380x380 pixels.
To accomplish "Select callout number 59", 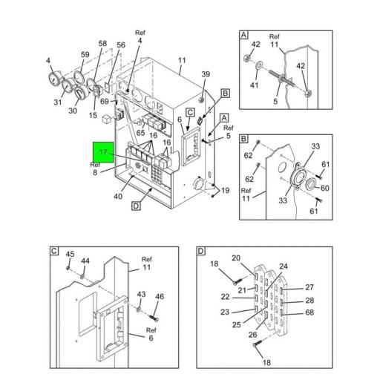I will tap(85, 54).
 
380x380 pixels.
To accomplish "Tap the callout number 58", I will tap(102, 44).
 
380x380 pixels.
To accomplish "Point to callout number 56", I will tap(121, 45).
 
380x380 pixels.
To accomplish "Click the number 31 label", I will tap(57, 102).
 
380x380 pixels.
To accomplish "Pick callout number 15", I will tap(93, 115).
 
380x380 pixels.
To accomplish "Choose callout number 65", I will tap(140, 132).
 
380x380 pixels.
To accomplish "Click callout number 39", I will tap(206, 74).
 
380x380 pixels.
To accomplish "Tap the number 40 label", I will tap(117, 197).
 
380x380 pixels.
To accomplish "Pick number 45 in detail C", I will tap(70, 254).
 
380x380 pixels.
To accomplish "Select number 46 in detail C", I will tap(159, 297).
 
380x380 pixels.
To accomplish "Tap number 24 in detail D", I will tap(284, 266).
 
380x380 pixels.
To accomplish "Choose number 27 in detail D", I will tap(309, 286).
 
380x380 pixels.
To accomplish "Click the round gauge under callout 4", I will tap(54, 81).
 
